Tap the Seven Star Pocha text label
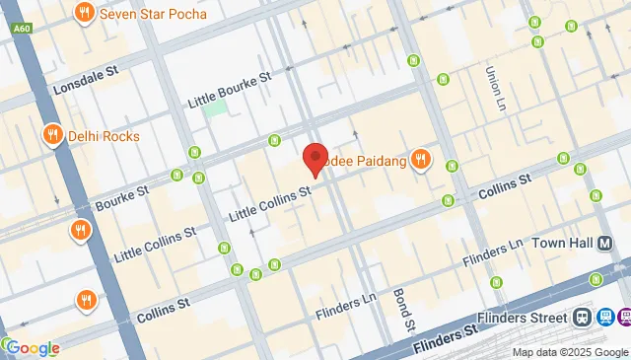click(x=148, y=14)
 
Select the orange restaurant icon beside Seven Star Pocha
click(x=86, y=14)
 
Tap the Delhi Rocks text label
click(x=104, y=136)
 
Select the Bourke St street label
click(x=121, y=196)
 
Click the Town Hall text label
click(x=566, y=243)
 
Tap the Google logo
click(x=32, y=348)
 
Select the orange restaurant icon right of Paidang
click(x=421, y=159)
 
